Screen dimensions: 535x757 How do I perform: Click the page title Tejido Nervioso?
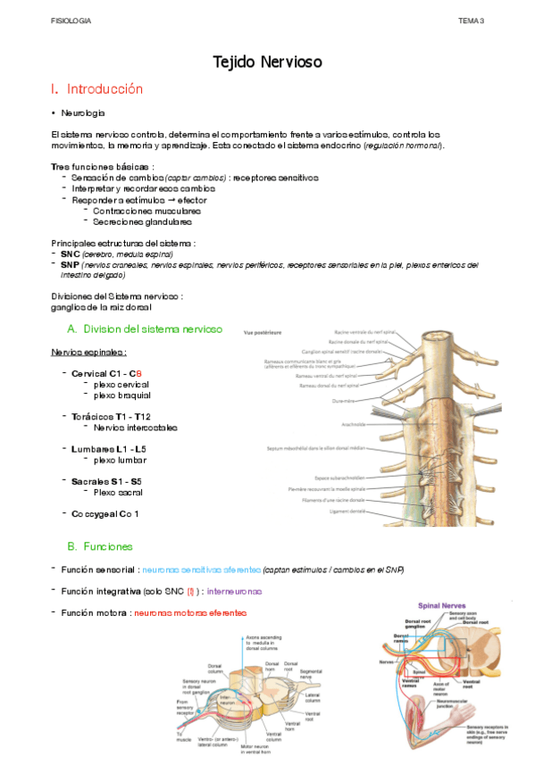tap(267, 62)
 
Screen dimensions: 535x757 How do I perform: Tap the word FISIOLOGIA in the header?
tap(71, 19)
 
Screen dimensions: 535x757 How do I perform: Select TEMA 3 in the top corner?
tap(470, 19)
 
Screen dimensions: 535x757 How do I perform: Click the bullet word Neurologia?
tap(82, 113)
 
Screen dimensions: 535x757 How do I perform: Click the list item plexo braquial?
tap(121, 395)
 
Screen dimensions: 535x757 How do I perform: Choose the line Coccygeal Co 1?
tap(105, 514)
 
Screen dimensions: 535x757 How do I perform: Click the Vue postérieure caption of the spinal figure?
tap(263, 331)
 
